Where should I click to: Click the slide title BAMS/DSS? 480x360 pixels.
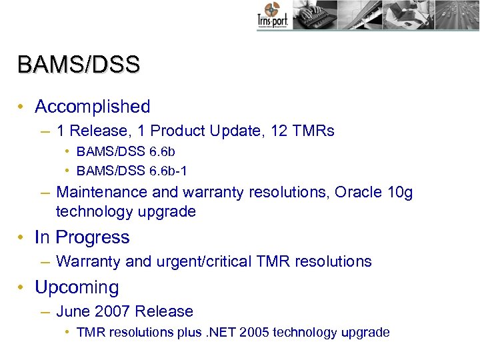[x=79, y=65]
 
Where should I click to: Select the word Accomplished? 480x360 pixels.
[x=93, y=107]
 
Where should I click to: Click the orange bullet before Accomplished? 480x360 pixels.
[x=22, y=107]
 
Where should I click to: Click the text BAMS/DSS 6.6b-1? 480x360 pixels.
[x=132, y=171]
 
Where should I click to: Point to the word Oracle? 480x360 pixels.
[x=358, y=193]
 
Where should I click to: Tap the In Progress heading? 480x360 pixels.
[x=82, y=237]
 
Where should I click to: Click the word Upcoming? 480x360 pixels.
[x=77, y=287]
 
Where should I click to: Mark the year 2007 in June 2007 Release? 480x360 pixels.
[x=113, y=311]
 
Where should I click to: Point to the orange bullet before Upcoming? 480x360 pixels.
[x=22, y=287]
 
